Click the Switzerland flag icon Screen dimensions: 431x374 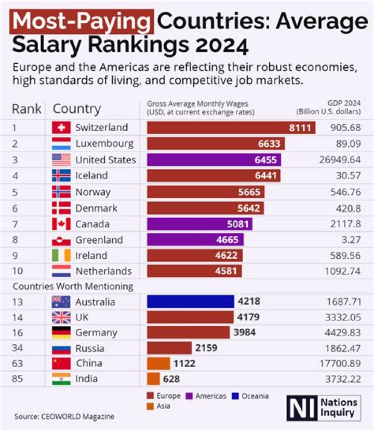[61, 128]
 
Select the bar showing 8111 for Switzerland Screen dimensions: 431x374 [231, 128]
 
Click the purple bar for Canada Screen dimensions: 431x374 [200, 224]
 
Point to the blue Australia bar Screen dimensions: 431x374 [191, 302]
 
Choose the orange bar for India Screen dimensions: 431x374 [154, 379]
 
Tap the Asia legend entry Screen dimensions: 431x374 [161, 406]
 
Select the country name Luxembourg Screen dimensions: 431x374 [104, 143]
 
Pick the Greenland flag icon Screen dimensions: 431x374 [61, 240]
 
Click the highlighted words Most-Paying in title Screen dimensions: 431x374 [83, 21]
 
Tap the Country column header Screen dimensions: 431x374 [77, 109]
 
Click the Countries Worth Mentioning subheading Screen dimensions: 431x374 [73, 286]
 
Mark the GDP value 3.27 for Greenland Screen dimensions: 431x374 [346, 240]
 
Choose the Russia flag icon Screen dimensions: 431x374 [61, 348]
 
